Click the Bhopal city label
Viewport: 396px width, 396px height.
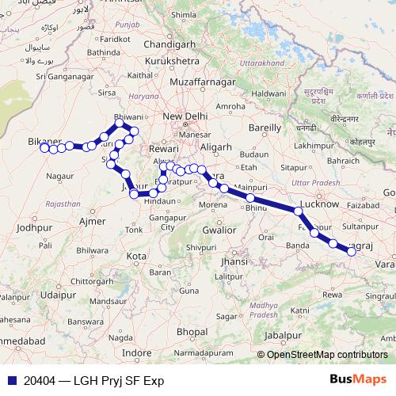192,330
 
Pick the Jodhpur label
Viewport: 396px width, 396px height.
33,227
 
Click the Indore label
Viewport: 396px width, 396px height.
137,352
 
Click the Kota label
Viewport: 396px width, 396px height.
136,257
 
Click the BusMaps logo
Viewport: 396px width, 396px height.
357,380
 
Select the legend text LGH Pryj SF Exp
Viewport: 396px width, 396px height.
118,381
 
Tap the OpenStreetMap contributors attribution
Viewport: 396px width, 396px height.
326,355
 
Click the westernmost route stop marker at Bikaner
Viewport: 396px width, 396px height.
44,147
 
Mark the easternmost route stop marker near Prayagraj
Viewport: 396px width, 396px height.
351,252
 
